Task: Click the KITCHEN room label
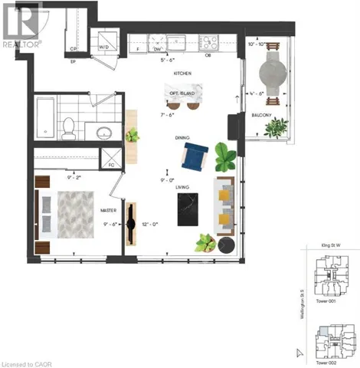click(182, 74)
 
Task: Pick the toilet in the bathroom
click(68, 126)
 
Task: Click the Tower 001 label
click(327, 301)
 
